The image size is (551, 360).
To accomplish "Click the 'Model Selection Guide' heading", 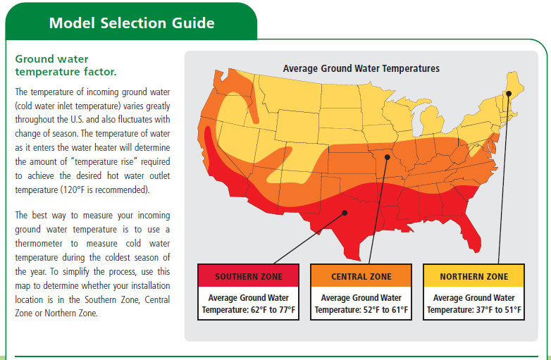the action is pyautogui.click(x=132, y=23).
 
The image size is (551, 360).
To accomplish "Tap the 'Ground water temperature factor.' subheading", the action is pyautogui.click(x=66, y=66).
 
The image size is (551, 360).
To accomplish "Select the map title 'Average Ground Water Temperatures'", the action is pyautogui.click(x=361, y=68).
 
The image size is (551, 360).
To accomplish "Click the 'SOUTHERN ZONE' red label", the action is pyautogui.click(x=249, y=276).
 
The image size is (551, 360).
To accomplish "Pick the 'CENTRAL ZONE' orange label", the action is pyautogui.click(x=361, y=276).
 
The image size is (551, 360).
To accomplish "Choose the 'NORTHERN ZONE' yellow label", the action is pyautogui.click(x=474, y=276).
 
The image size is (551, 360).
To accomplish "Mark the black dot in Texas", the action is pyautogui.click(x=345, y=213).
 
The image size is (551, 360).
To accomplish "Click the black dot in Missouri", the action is pyautogui.click(x=388, y=157).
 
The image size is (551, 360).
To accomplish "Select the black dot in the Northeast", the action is pyautogui.click(x=509, y=94).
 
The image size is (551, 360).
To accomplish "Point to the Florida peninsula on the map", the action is pyautogui.click(x=470, y=234).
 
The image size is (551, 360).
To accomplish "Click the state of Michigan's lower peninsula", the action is pyautogui.click(x=431, y=120).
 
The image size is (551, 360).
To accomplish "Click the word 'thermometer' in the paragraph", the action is pyautogui.click(x=39, y=243).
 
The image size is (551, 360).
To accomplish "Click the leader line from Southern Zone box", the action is pyautogui.click(x=309, y=238).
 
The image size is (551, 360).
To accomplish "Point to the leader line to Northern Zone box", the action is pyautogui.click(x=504, y=178).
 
